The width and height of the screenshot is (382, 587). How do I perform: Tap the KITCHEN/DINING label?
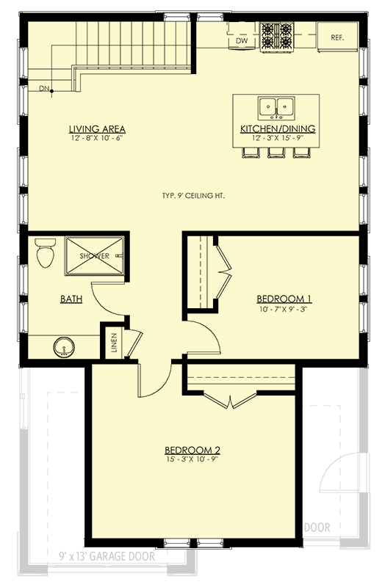[x=278, y=128]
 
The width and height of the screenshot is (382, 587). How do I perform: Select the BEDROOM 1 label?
[x=284, y=299]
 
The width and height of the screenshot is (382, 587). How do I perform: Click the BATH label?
[x=71, y=299]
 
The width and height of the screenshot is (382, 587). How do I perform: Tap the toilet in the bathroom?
[x=45, y=254]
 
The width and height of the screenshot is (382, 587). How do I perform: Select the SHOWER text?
[x=95, y=256]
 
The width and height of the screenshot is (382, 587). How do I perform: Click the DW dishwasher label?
[x=241, y=42]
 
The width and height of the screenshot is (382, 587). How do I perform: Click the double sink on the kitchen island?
[x=277, y=108]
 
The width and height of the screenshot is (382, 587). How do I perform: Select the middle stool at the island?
[x=278, y=151]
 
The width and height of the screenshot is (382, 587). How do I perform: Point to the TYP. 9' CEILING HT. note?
[x=193, y=196]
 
